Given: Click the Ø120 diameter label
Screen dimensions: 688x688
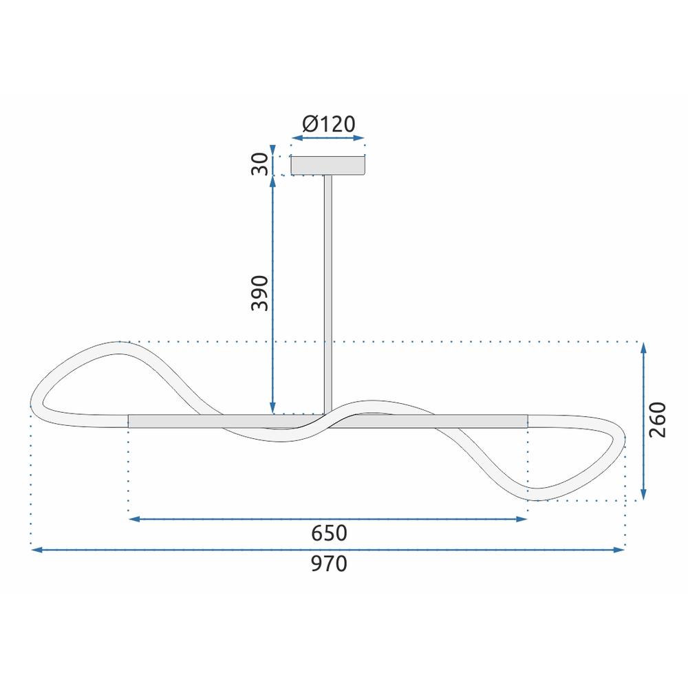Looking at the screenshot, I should click(328, 124).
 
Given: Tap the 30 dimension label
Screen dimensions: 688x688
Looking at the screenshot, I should click(259, 165).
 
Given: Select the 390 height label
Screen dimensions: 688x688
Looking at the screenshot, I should click(259, 294).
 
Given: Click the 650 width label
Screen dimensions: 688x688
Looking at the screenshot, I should click(329, 533).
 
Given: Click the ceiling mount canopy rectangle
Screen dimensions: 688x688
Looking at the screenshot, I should click(328, 166).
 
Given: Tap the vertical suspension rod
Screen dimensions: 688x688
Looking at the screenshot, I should click(328, 289).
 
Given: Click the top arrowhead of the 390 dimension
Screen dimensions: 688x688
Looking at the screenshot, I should click(274, 181).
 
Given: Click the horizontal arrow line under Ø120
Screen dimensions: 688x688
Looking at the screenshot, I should click(328, 138).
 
